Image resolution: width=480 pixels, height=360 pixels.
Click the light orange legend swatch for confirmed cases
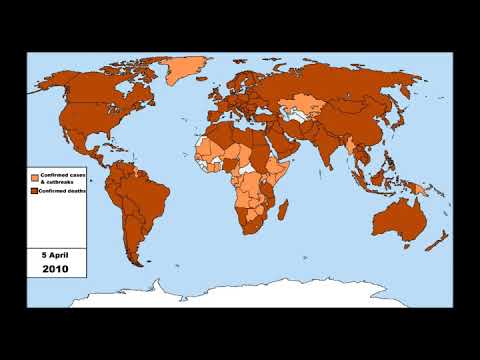click(x=35, y=178)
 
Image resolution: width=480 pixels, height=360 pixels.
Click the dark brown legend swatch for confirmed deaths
click(x=35, y=192)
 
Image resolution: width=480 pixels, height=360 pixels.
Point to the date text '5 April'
click(x=56, y=254)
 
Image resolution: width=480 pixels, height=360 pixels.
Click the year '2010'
click(x=56, y=270)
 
